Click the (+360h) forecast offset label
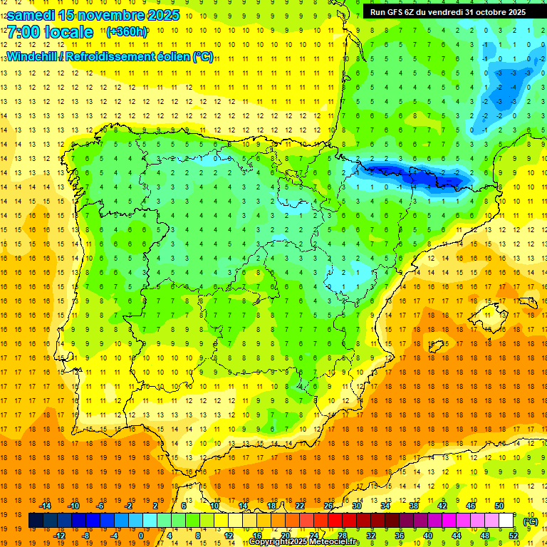click(x=126, y=32)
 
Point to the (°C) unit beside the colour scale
click(x=530, y=521)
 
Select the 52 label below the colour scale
click(x=514, y=536)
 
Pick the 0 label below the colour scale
click(x=141, y=536)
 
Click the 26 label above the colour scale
click(x=328, y=506)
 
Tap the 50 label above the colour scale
click(x=499, y=506)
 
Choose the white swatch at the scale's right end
click(x=506, y=521)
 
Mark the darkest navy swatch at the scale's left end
click(x=36, y=521)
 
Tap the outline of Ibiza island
click(x=437, y=346)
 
